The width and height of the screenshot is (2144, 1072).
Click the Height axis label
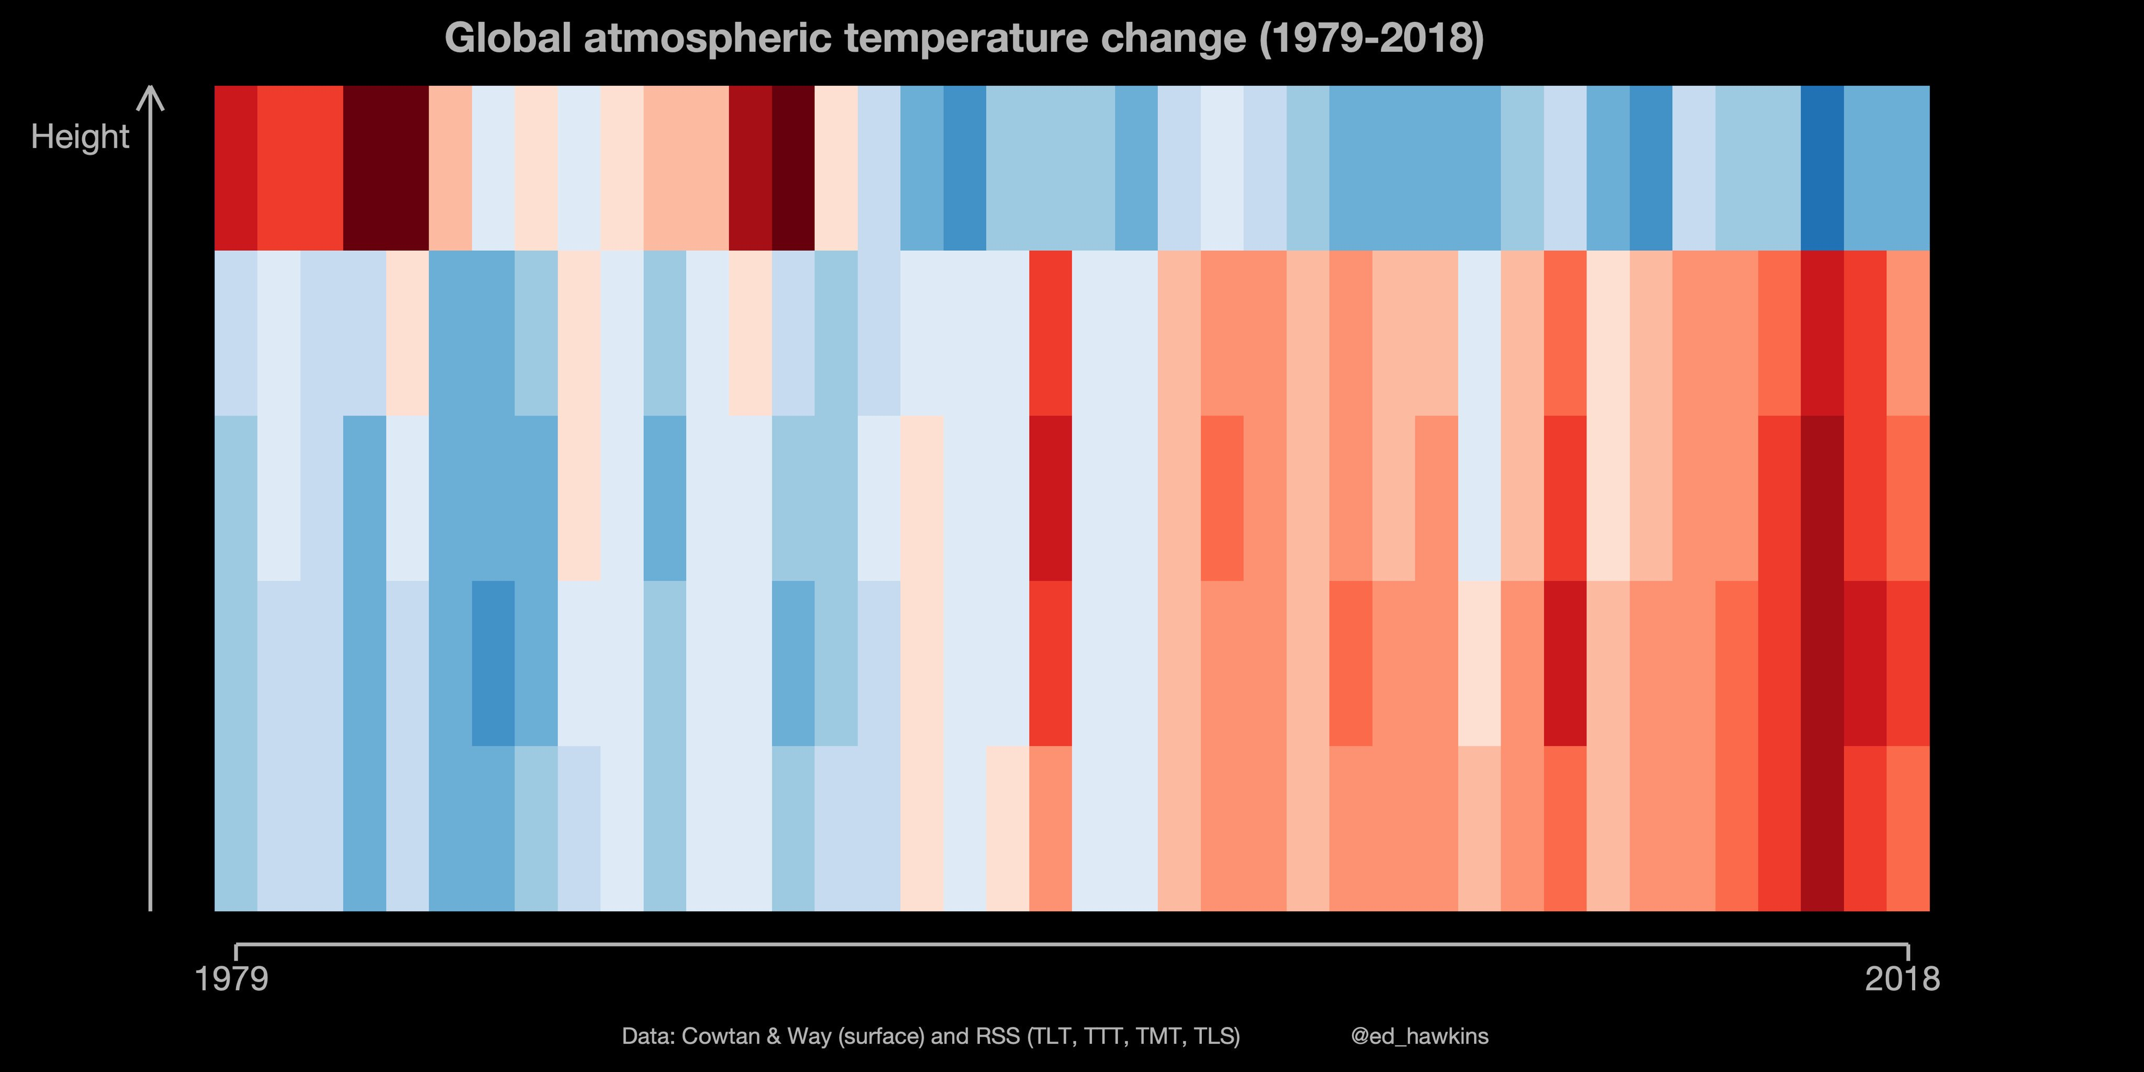80,137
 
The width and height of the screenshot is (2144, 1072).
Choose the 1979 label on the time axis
231,979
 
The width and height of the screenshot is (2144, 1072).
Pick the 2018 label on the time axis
1903,979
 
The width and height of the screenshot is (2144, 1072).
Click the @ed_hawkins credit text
1420,1036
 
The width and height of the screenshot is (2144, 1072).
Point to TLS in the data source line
1215,1036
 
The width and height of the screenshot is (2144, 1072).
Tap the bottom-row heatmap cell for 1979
236,828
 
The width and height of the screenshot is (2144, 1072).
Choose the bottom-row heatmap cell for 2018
1907,828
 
